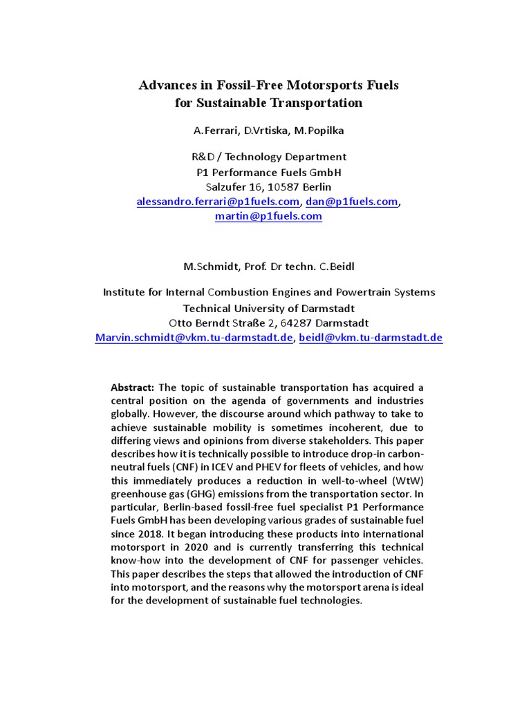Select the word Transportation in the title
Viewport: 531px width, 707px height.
pyautogui.click(x=314, y=103)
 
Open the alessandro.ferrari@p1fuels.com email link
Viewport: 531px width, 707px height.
pyautogui.click(x=218, y=202)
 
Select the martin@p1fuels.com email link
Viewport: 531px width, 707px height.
pyautogui.click(x=268, y=216)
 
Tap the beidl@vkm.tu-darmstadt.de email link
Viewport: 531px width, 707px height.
pyautogui.click(x=371, y=338)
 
